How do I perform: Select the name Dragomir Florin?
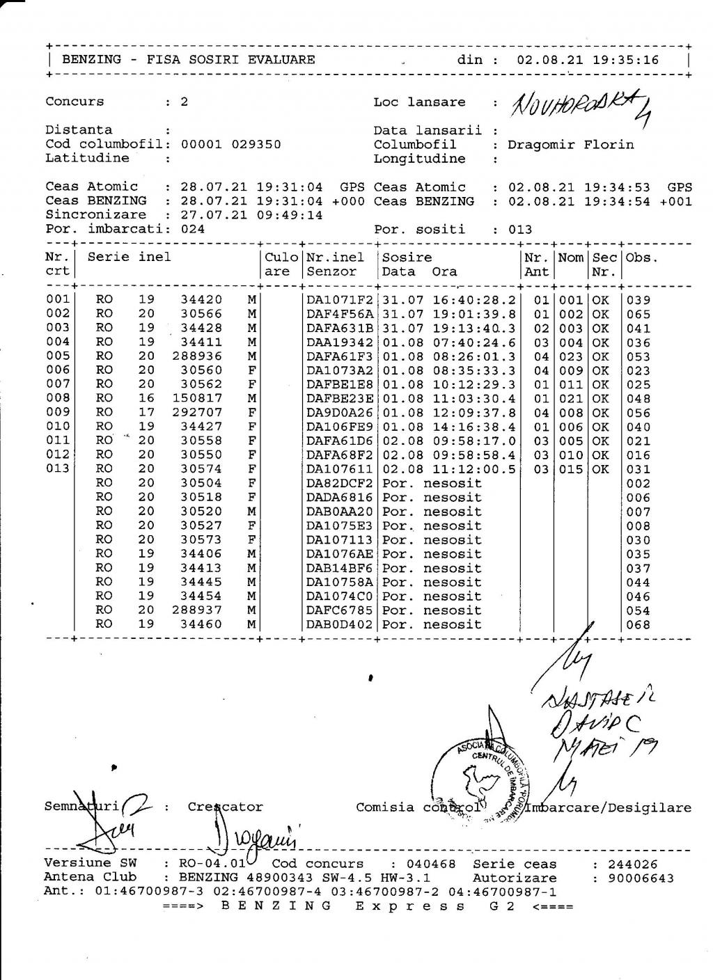coord(571,145)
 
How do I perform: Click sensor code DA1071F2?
coord(340,300)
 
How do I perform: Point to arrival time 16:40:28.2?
coord(472,300)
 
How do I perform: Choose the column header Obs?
coord(641,258)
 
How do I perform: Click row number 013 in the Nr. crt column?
coord(58,468)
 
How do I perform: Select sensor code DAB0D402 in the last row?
coord(340,624)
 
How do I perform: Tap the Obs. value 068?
coord(638,625)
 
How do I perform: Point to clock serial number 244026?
coord(632,864)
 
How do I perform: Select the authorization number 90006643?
coord(641,878)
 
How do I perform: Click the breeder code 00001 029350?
coord(231,145)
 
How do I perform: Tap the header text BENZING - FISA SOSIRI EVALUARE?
coord(189,60)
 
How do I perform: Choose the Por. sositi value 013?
coord(520,230)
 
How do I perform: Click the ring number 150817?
coord(197,398)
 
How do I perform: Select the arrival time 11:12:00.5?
coord(472,469)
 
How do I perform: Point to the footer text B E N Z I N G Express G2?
coord(368,906)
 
